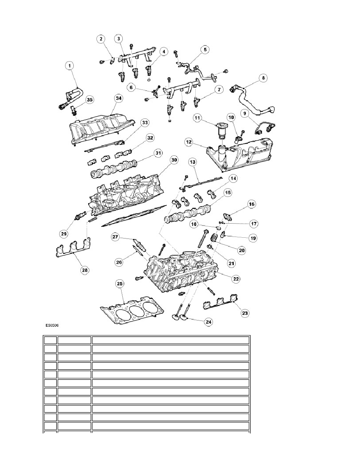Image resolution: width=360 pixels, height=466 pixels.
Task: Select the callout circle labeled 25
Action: (119, 284)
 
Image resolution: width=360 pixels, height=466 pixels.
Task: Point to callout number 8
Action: (263, 78)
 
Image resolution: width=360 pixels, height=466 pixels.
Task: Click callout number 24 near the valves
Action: (209, 322)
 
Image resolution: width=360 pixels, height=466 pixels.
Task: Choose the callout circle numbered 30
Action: (174, 160)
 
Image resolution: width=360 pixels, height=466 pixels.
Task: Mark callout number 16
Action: (252, 204)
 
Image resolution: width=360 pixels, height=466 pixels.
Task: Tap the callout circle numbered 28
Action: (85, 270)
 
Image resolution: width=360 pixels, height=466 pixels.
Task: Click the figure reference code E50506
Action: (52, 326)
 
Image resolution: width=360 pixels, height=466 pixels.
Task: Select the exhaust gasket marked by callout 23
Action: (221, 302)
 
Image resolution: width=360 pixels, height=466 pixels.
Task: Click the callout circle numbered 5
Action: (205, 50)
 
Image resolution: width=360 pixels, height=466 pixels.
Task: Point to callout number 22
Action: (236, 279)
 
